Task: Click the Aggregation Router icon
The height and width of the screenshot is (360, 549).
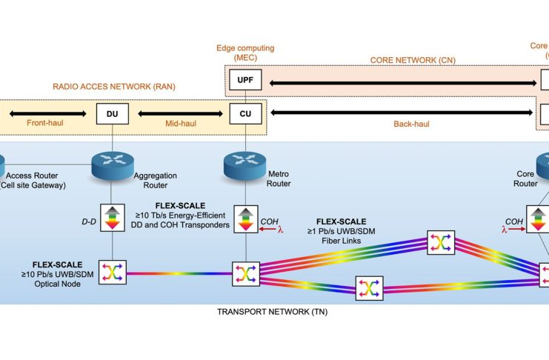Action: click(x=112, y=164)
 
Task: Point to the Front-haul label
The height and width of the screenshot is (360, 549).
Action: click(x=45, y=124)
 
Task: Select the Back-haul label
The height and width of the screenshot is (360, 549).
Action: click(x=403, y=124)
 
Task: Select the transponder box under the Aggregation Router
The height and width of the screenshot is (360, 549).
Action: click(x=112, y=218)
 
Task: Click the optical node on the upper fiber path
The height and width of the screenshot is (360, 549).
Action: click(x=440, y=242)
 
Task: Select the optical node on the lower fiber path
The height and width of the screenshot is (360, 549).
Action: click(x=368, y=289)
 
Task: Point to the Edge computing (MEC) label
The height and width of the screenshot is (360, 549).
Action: click(x=245, y=53)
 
